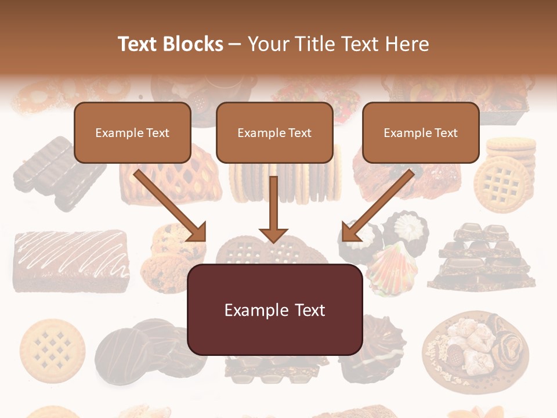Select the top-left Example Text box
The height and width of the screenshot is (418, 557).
tap(132, 132)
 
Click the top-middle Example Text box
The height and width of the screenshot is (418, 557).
tap(274, 132)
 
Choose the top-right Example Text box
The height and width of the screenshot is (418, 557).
tap(421, 132)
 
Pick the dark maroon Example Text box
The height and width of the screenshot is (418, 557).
tap(275, 309)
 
